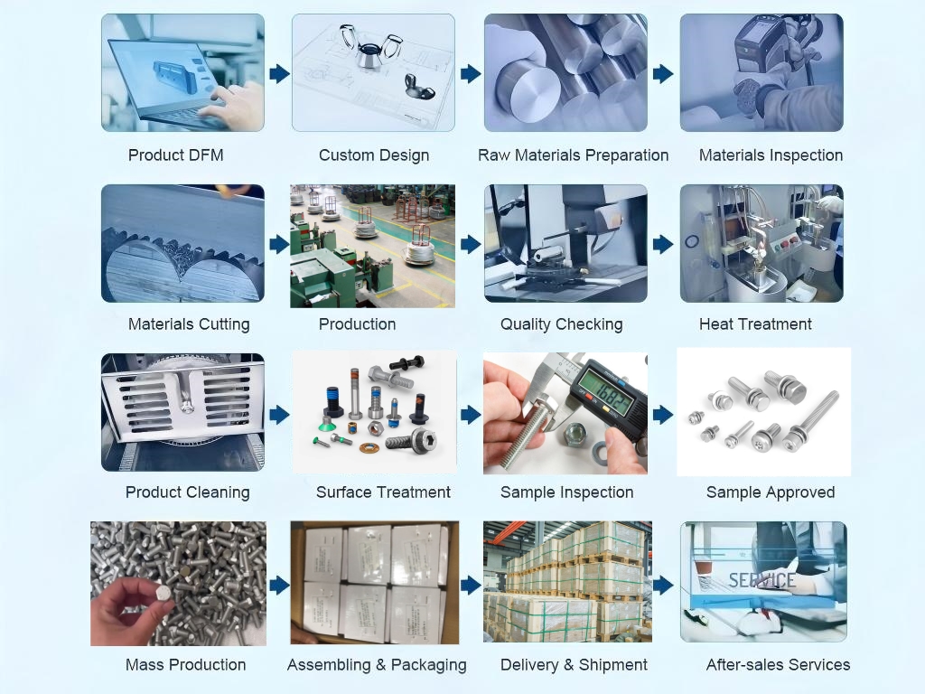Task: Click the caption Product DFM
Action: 176,155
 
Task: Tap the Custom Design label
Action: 374,155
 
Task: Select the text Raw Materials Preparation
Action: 573,155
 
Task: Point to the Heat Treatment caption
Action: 755,324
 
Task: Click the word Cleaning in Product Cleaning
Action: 218,492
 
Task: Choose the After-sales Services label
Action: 778,664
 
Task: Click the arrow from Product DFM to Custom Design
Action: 280,74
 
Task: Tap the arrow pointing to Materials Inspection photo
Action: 663,74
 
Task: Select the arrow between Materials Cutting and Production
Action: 280,244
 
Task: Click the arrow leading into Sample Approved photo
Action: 663,415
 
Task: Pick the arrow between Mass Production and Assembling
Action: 280,586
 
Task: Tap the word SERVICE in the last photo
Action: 761,581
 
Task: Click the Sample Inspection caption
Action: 567,492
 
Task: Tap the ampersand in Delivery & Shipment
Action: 569,665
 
